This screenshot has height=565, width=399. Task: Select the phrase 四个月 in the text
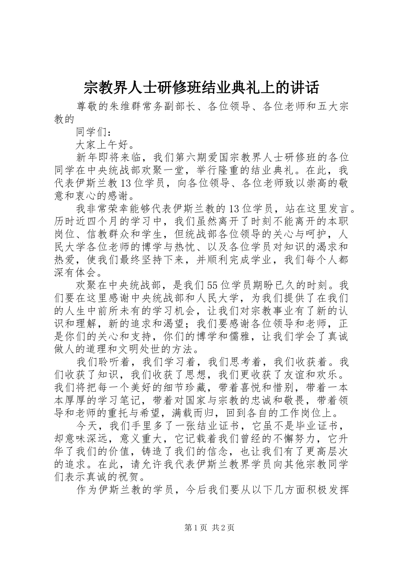[x=110, y=221]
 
